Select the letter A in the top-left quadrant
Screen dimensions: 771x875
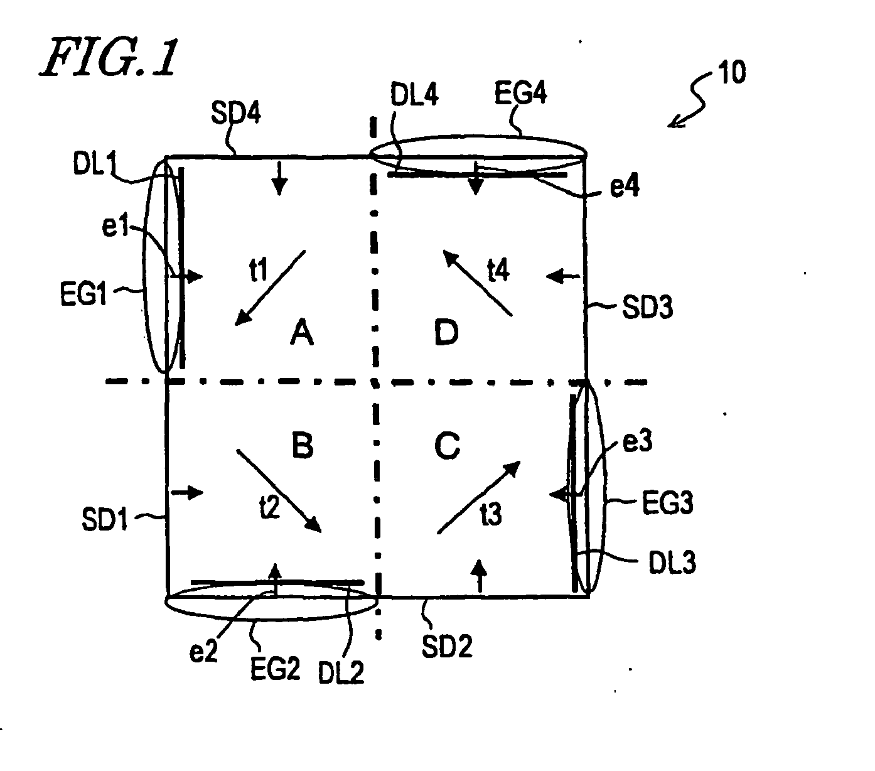(301, 333)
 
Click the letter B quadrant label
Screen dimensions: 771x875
(303, 446)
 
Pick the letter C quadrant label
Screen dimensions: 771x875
(448, 446)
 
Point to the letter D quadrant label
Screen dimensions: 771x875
(447, 333)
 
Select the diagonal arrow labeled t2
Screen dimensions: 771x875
(278, 490)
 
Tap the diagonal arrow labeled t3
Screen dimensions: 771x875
(478, 497)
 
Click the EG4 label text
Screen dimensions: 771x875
(521, 95)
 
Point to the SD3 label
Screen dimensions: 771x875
(647, 308)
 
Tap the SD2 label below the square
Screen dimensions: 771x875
(447, 646)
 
